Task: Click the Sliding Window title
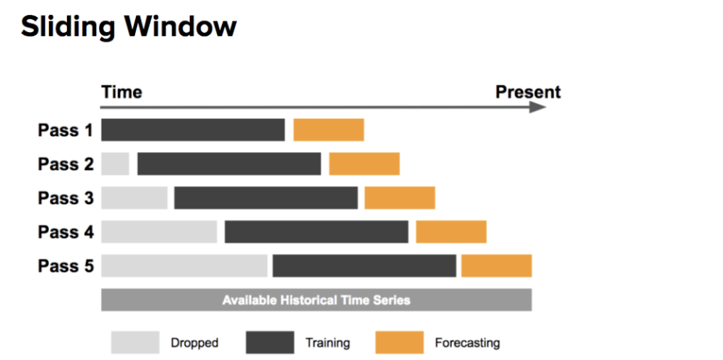coord(128,27)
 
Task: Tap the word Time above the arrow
coord(122,92)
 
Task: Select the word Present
coord(528,92)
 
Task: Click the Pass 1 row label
coord(65,130)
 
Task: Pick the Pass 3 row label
coord(65,198)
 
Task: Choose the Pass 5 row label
coord(65,266)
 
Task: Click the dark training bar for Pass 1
coord(193,130)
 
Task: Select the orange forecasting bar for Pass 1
coord(329,130)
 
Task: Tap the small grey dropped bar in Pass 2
coord(115,164)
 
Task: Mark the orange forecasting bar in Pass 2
coord(364,164)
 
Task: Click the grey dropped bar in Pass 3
coord(134,198)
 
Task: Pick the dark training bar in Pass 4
coord(317,232)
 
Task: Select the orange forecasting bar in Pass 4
coord(451,232)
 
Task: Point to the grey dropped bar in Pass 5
coord(184,266)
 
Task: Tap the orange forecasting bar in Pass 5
coord(497,266)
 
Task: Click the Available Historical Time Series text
coord(317,300)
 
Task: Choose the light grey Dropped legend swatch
coord(135,342)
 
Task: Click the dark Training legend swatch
coord(270,342)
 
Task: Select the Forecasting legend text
coord(468,343)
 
